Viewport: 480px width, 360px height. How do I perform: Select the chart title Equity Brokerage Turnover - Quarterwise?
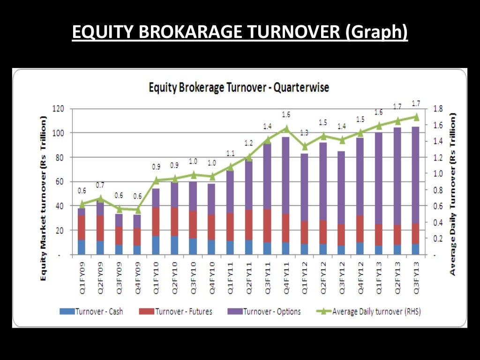pyautogui.click(x=239, y=87)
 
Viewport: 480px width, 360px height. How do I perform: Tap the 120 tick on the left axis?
pyautogui.click(x=58, y=109)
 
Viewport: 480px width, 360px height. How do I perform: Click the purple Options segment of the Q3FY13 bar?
pyautogui.click(x=415, y=173)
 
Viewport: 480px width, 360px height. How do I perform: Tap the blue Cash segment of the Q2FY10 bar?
pyautogui.click(x=175, y=245)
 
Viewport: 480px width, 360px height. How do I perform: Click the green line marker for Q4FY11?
pyautogui.click(x=286, y=128)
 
